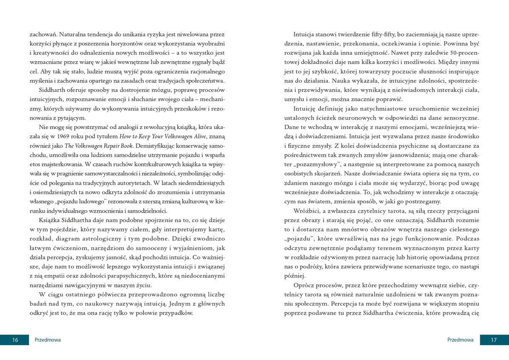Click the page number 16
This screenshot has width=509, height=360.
(x=15, y=340)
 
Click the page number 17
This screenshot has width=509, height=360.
(x=494, y=340)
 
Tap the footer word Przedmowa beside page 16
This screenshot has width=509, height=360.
(x=48, y=340)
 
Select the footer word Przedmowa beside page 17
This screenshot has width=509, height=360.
(x=460, y=340)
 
